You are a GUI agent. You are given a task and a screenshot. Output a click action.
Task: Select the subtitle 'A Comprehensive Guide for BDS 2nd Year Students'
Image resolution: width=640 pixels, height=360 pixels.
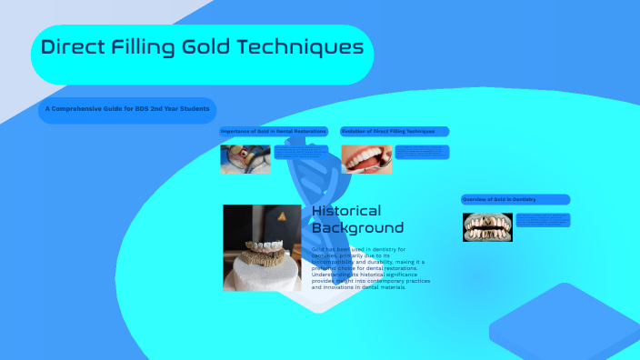127,110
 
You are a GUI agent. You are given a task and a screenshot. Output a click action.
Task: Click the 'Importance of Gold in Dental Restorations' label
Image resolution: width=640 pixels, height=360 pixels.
274,132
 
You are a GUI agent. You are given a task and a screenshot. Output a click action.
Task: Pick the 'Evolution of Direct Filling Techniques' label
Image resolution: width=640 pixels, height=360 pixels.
395,132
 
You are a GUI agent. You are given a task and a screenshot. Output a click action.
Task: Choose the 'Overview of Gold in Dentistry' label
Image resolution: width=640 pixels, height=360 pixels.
515,199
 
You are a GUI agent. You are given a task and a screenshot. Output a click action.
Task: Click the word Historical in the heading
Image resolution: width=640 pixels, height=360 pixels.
346,211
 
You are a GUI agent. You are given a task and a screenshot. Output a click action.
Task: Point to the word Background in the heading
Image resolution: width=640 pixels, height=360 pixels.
357,227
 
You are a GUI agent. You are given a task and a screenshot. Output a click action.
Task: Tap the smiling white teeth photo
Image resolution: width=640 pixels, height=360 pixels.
366,159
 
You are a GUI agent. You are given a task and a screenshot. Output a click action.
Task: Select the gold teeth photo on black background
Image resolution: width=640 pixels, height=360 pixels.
487,226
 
